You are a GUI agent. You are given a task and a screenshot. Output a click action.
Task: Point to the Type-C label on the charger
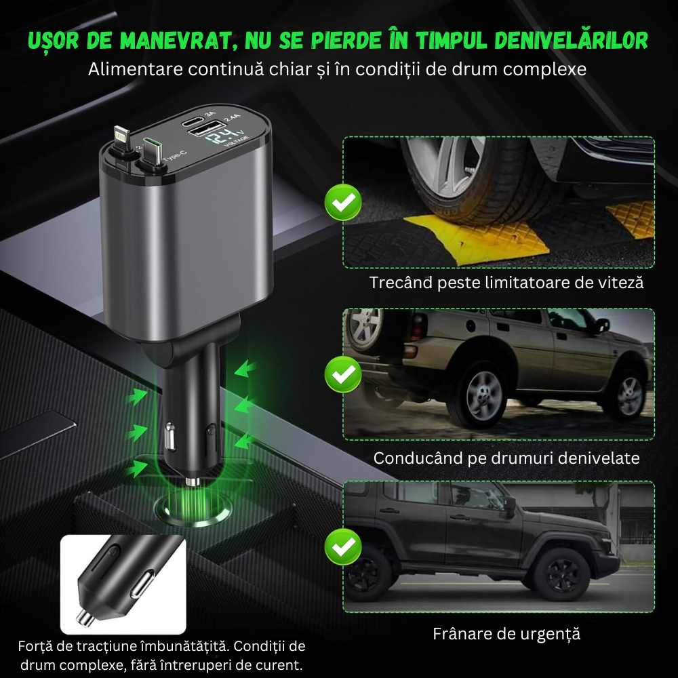pyautogui.click(x=175, y=156)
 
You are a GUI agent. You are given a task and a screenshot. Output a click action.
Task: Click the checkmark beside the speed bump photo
pyautogui.click(x=343, y=202)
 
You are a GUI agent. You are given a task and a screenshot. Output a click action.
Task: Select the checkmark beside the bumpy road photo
pyautogui.click(x=343, y=374)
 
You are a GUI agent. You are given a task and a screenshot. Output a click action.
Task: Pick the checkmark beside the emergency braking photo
pyautogui.click(x=343, y=546)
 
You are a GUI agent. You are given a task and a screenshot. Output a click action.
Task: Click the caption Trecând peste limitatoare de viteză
pyautogui.click(x=506, y=283)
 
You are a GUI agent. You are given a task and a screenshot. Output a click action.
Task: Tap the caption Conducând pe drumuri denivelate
pyautogui.click(x=506, y=458)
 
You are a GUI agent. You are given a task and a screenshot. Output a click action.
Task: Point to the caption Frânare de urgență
pyautogui.click(x=506, y=634)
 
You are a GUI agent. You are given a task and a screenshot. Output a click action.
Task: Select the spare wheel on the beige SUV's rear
pyautogui.click(x=364, y=330)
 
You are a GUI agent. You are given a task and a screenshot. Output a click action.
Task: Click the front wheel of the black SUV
pyautogui.click(x=562, y=575)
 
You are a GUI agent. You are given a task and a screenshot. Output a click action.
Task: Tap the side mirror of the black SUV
pyautogui.click(x=510, y=505)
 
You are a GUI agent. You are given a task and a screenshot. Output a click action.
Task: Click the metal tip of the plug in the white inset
pyautogui.click(x=85, y=618)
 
